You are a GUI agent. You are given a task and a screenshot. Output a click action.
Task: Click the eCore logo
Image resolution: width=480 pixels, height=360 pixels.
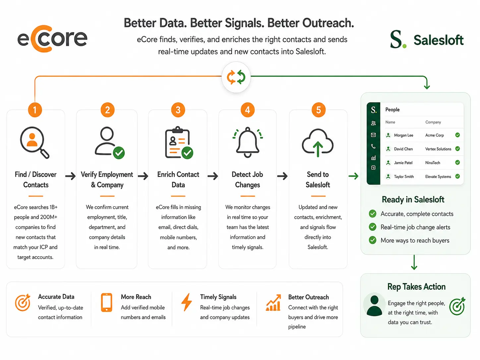tap(52, 39)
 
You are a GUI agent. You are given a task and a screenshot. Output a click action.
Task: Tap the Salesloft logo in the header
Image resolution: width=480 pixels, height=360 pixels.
tap(427, 39)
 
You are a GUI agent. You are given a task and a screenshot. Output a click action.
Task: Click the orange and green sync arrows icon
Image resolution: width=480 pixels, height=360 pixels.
tap(236, 77)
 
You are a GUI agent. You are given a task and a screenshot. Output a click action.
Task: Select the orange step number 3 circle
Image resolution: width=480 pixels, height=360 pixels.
tap(178, 110)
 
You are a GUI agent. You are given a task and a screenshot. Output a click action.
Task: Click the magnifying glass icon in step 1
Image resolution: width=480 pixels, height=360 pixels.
tap(35, 143)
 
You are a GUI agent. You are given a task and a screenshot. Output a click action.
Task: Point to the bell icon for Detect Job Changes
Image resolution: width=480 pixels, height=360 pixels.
tap(248, 142)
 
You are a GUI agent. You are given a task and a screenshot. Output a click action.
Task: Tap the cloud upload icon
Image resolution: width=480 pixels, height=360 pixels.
tap(318, 143)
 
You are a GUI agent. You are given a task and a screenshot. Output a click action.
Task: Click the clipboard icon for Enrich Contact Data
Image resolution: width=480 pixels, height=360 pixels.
tap(179, 143)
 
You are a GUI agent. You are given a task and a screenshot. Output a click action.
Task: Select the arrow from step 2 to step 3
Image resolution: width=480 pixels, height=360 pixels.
tap(143, 176)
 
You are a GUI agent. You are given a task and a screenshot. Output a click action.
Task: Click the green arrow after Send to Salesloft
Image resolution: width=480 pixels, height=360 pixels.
tap(353, 176)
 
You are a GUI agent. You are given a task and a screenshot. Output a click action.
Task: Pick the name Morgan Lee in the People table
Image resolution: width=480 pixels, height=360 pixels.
tap(403, 135)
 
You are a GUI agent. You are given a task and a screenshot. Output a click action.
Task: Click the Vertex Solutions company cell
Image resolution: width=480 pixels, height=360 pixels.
tap(438, 149)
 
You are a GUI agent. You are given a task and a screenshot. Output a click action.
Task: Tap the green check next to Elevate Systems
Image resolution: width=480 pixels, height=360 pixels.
tap(457, 176)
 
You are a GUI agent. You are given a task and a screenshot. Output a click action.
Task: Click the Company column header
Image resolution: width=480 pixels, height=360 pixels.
tap(433, 122)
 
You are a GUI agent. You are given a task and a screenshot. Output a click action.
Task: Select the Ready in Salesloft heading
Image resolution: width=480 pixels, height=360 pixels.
tap(413, 200)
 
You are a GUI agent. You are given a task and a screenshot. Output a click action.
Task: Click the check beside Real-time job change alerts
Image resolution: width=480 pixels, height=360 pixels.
tap(372, 227)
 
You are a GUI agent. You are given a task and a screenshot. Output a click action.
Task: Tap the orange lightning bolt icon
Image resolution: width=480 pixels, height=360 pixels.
tap(187, 302)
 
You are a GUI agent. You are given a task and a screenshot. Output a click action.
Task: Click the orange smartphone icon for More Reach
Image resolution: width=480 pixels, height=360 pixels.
tap(106, 303)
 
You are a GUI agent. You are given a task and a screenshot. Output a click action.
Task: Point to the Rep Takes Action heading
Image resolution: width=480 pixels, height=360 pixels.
tap(416, 287)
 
